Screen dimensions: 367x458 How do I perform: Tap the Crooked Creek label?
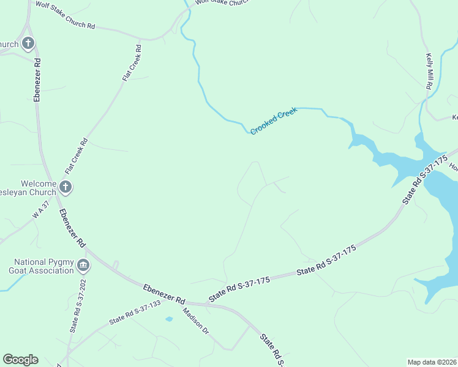tap(274, 121)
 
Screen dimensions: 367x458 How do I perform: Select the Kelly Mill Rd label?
tap(429, 72)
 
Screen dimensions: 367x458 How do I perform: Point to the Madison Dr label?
tap(196, 320)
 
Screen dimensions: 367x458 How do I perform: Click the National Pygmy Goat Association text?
tap(42, 266)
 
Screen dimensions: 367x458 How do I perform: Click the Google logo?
tap(20, 360)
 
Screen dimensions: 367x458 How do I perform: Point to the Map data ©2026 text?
tap(432, 361)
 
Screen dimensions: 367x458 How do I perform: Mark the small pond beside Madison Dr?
tap(169, 319)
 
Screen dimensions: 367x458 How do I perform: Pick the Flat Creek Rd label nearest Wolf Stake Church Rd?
tap(132, 63)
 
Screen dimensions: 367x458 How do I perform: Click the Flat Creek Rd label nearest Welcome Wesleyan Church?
tap(77, 158)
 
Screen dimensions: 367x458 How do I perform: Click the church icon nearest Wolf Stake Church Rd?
tap(28, 43)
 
